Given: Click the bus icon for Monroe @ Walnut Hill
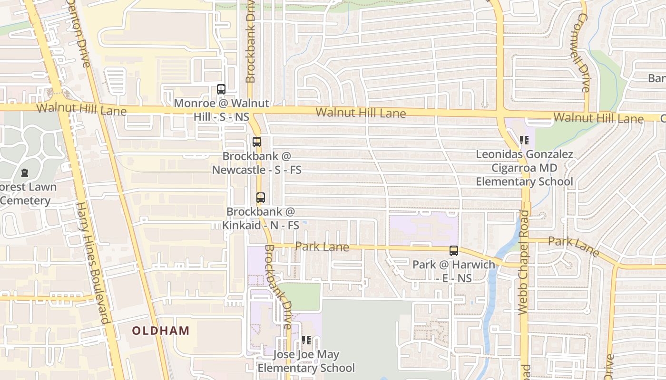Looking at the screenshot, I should coord(221,89).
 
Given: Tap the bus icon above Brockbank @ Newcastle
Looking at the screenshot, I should coord(257,142).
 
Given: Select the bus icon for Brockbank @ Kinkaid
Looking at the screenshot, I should coord(261,198).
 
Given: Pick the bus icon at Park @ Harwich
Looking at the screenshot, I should coord(454,251).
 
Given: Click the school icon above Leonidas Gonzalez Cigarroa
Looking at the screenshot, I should coord(524,140).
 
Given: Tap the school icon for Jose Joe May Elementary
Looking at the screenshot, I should coord(306,340).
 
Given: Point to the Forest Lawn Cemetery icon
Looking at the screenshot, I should coord(24,173).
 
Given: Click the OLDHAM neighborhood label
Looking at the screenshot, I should coord(160,331).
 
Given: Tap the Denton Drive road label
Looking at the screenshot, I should coord(78,33).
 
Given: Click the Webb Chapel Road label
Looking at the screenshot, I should coord(523,262).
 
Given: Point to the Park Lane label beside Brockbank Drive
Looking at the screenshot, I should coord(322,247).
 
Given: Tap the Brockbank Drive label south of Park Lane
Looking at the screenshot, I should coord(277,287).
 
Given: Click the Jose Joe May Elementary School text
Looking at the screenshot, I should coord(306,361).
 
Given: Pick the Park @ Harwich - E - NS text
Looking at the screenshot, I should coord(454,271).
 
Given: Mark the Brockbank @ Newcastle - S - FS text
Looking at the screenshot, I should coord(257,163).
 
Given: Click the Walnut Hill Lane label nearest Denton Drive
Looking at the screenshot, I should coord(81,109).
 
